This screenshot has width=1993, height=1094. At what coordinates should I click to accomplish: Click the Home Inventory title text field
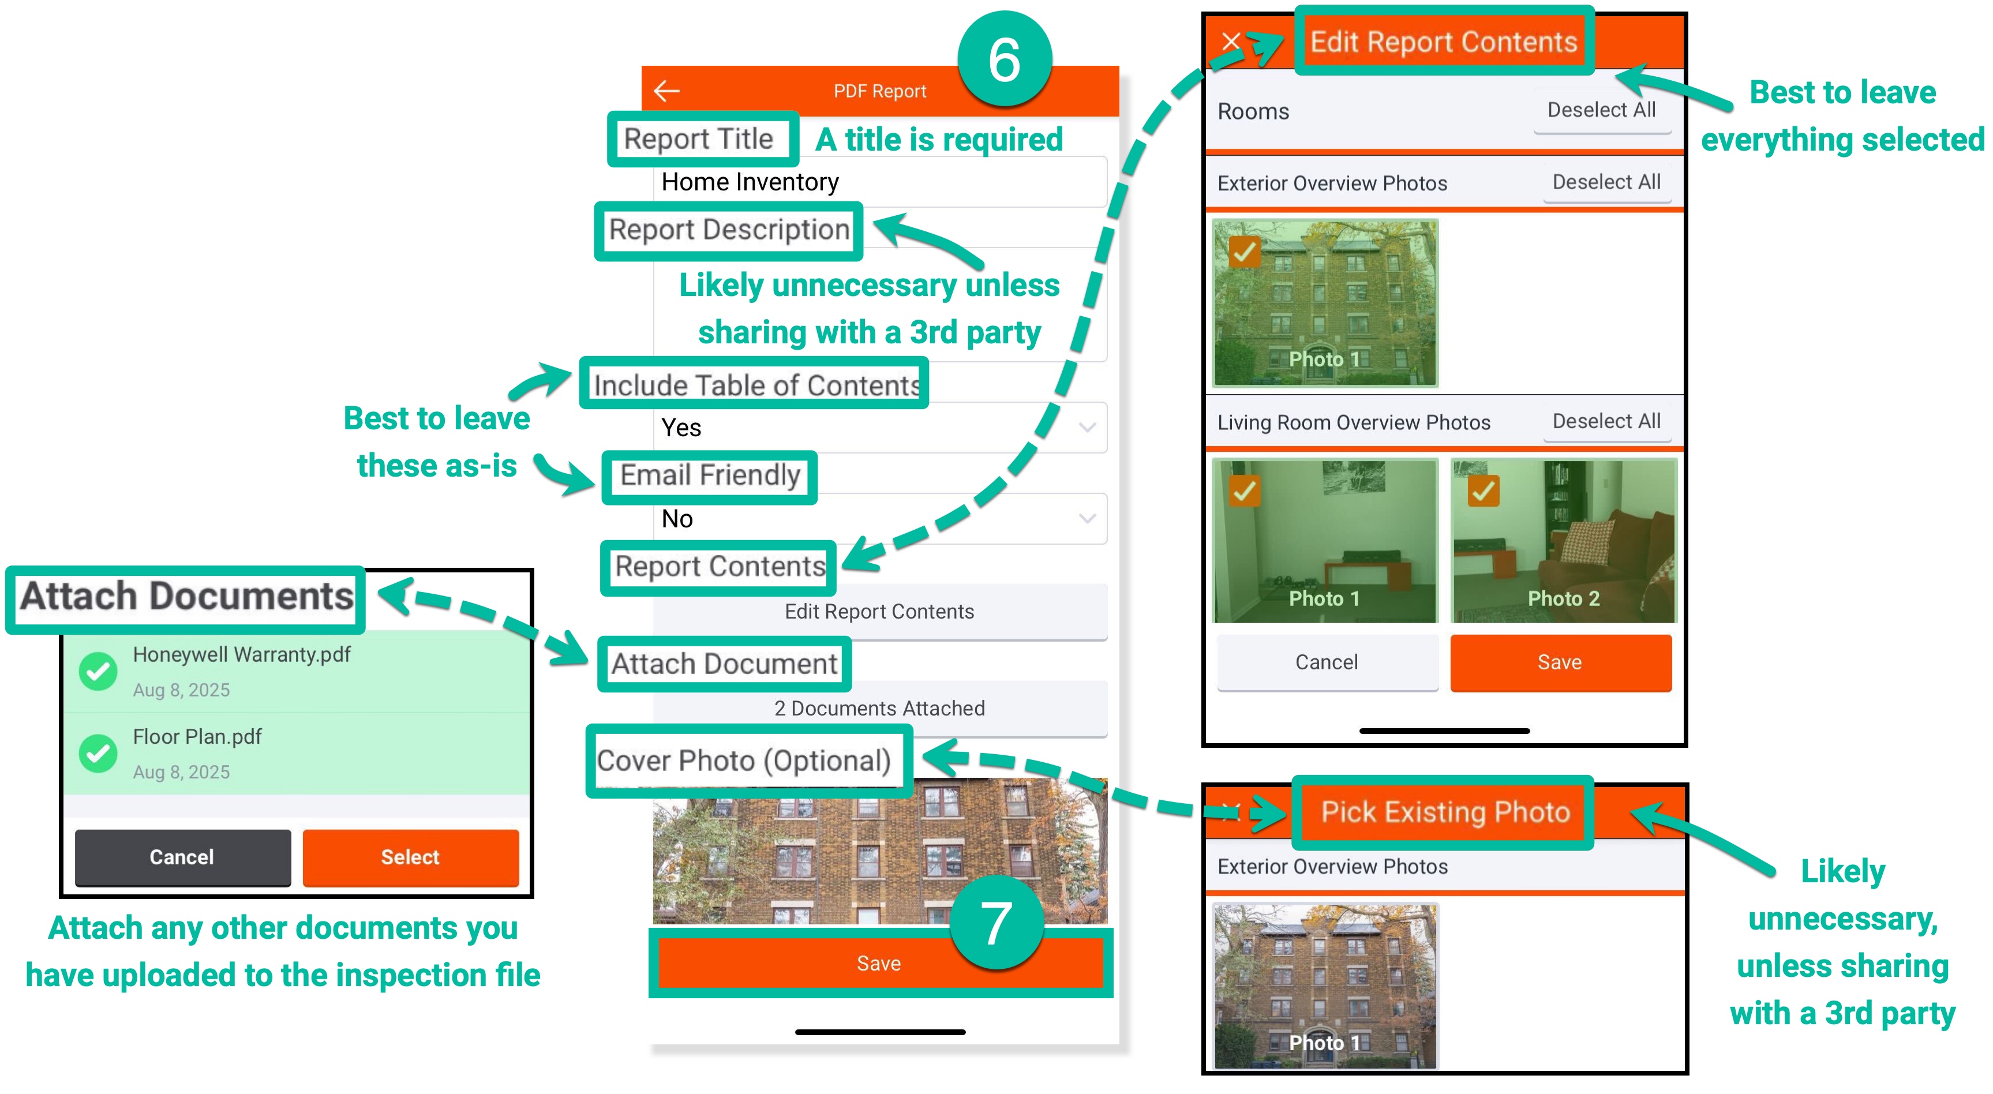[880, 182]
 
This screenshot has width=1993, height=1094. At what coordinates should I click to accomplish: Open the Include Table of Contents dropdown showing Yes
[880, 428]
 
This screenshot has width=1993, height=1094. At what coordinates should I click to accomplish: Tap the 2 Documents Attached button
[880, 708]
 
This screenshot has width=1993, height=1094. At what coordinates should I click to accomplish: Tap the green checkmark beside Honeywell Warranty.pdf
[98, 671]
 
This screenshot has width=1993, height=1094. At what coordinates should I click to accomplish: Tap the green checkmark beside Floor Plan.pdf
[98, 753]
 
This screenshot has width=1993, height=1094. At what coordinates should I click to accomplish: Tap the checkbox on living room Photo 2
[1482, 490]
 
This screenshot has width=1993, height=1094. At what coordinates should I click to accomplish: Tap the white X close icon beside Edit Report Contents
[1231, 41]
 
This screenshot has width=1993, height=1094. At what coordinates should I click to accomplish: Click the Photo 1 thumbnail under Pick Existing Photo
[1325, 987]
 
